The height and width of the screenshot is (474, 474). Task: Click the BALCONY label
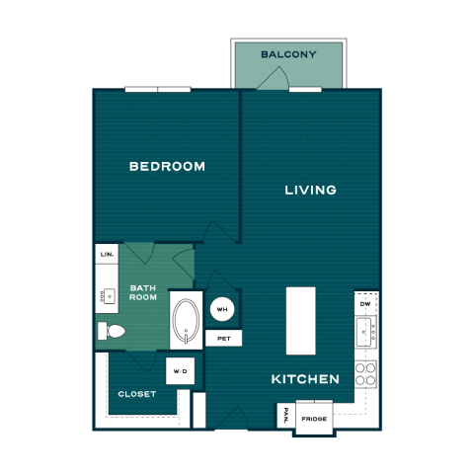tap(288, 54)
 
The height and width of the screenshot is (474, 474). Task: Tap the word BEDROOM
tap(167, 167)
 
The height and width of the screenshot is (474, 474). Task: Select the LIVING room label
tap(310, 190)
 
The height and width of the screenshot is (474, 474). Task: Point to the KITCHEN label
tap(305, 379)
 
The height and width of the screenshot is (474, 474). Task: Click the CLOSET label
tap(137, 394)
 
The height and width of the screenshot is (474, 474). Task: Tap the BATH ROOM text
tap(143, 292)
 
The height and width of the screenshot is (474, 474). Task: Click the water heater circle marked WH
tap(222, 309)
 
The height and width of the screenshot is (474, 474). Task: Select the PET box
tap(224, 339)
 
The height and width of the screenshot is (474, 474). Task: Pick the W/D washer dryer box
tap(181, 371)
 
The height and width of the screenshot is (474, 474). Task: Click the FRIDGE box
tap(314, 419)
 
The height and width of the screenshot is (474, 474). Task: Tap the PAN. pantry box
tap(286, 416)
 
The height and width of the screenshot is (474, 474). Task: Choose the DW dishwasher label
tap(365, 304)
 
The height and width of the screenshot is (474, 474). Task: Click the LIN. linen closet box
tap(107, 254)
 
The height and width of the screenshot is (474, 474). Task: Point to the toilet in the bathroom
tap(112, 331)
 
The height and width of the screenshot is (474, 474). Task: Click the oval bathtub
tap(186, 321)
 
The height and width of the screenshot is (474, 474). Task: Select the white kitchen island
tap(301, 321)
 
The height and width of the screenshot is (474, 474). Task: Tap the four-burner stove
tap(365, 374)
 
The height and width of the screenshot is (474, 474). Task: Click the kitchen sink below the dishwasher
tap(365, 332)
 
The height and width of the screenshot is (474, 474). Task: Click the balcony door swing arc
tap(274, 77)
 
